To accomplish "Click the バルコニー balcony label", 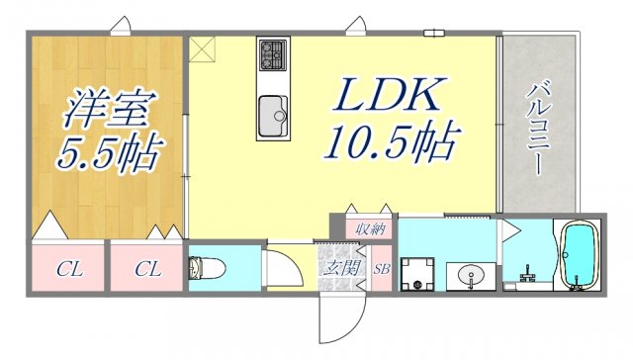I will (x=540, y=129).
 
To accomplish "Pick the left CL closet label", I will (x=68, y=269).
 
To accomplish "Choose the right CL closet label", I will (x=147, y=269).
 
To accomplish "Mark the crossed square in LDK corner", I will (x=201, y=47).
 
